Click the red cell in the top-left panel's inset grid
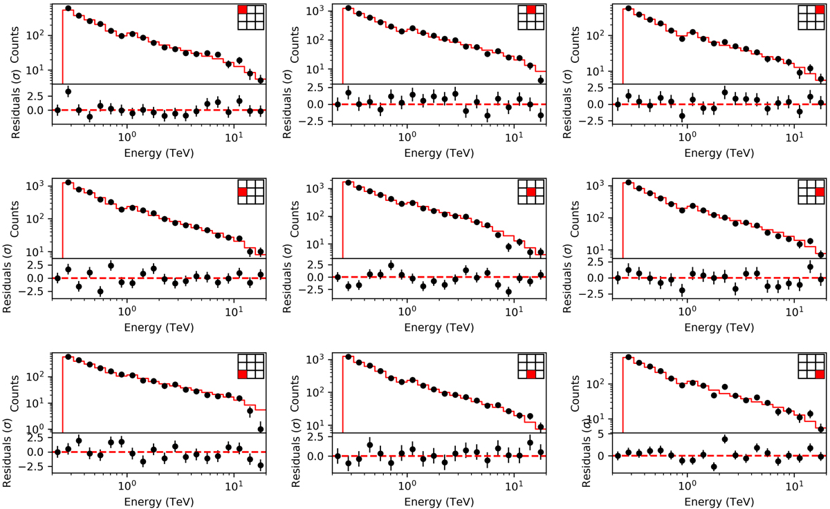coord(242,10)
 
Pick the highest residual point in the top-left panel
coord(68,91)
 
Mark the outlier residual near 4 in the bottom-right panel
coord(724,439)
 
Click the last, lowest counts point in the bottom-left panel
coord(261,429)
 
